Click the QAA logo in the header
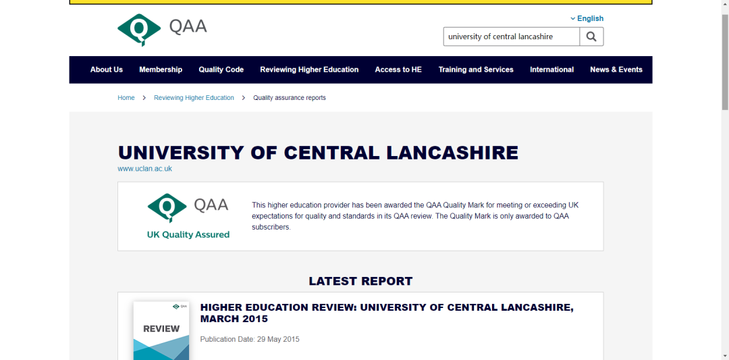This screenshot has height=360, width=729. point(162,28)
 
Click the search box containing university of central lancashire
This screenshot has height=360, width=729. point(511,36)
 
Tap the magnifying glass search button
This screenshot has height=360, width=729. point(591,36)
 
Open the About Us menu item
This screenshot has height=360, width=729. point(107,70)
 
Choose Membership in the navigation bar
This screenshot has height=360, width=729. point(161,70)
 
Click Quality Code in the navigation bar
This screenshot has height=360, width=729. point(221,70)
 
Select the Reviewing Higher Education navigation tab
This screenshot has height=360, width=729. point(309,70)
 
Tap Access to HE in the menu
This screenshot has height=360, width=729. point(398,70)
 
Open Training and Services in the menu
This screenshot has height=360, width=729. point(476,70)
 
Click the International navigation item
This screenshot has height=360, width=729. point(551,70)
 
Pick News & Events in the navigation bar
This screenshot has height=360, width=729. point(616,70)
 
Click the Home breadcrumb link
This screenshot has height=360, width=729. point(126,98)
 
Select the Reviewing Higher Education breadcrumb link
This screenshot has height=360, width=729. point(194,98)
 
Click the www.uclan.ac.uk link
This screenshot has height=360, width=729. point(144,169)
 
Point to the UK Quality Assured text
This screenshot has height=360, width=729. point(188,235)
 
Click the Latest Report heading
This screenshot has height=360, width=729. point(360,281)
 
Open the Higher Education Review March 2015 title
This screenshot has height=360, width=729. point(387,313)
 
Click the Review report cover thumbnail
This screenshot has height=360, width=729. point(161,331)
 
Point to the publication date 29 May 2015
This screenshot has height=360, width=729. point(250,339)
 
